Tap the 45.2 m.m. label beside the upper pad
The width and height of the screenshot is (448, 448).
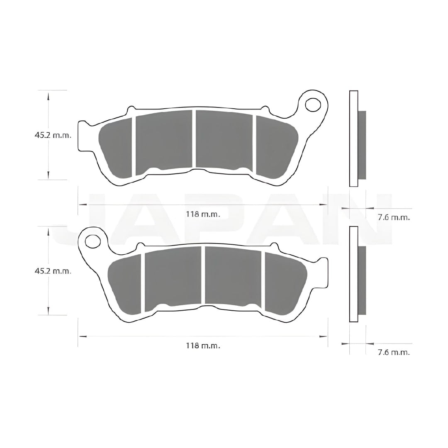53,135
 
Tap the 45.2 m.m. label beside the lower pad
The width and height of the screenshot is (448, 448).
53,271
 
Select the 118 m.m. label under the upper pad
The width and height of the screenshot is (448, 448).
203,214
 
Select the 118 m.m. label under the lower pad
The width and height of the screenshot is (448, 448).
203,345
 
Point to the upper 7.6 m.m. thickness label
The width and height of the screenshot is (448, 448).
394,217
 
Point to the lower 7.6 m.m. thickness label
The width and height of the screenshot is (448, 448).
394,352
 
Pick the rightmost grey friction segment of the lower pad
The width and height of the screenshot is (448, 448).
285,285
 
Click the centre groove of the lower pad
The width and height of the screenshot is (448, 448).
203,275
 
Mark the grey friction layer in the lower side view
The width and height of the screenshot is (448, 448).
362,280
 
